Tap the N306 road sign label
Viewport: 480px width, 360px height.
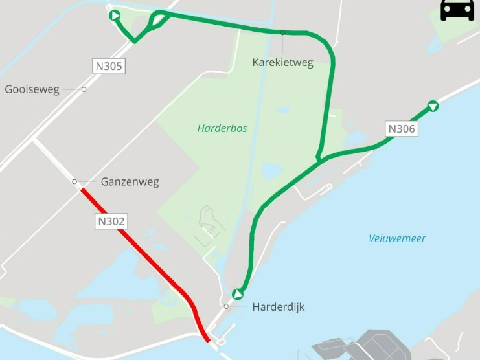point(401,129)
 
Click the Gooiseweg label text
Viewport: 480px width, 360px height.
point(32,90)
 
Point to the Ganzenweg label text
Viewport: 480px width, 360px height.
point(130,182)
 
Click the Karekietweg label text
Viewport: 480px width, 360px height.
point(282,63)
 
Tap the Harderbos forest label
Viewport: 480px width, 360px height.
point(222,128)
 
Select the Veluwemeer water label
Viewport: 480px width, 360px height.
point(397,238)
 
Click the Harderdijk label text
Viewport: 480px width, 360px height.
point(278,307)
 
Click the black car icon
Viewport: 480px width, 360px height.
point(457,10)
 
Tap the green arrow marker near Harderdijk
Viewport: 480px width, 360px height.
point(238,295)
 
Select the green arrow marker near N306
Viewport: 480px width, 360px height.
point(433,106)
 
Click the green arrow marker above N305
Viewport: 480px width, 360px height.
point(115,16)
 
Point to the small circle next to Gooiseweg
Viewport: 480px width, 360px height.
point(84,89)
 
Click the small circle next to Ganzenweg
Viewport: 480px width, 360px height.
point(74,181)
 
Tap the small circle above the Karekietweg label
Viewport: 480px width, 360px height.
point(282,32)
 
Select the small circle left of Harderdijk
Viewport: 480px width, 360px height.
point(226,306)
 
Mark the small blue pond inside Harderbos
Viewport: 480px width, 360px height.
point(271,170)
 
